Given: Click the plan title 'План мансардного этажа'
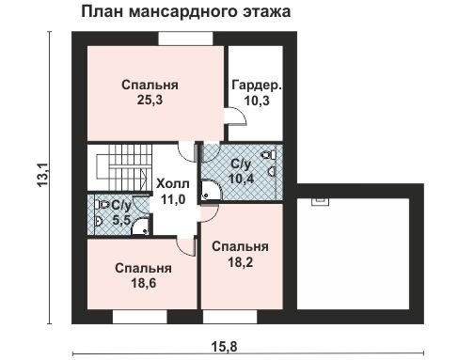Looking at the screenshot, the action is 186,12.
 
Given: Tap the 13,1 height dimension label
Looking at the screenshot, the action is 42,175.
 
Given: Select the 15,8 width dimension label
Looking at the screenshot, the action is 224,347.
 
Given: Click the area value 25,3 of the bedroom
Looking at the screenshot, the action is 150,100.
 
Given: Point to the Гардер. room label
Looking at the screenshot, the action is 257,85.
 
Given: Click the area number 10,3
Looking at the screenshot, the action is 257,101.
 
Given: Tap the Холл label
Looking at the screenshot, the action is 173,183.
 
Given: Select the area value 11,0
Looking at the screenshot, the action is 173,199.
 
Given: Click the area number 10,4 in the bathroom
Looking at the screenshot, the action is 241,179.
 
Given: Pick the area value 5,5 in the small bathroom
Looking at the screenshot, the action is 121,220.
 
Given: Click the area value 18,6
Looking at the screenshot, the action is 143,283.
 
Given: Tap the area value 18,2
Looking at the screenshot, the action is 240,262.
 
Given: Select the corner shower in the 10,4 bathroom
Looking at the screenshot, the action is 212,190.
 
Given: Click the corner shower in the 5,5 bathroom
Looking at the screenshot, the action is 140,227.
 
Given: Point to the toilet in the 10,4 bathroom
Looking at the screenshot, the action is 269,155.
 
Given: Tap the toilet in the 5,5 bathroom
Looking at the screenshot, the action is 103,205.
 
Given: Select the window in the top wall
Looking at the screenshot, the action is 185,39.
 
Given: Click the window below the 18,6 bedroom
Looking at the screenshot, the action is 140,317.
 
